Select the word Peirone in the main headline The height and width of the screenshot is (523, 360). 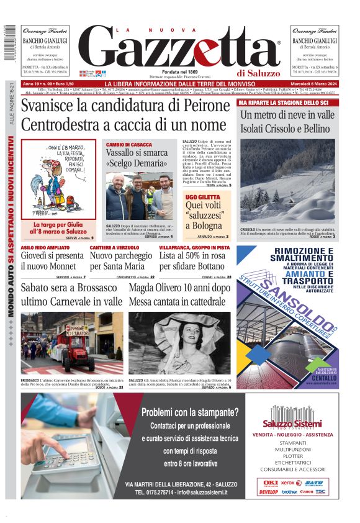(198, 106)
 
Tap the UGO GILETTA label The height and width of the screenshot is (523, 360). (199, 196)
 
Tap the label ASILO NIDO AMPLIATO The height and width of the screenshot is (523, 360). (44, 247)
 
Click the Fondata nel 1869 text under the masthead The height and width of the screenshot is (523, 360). (179, 71)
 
